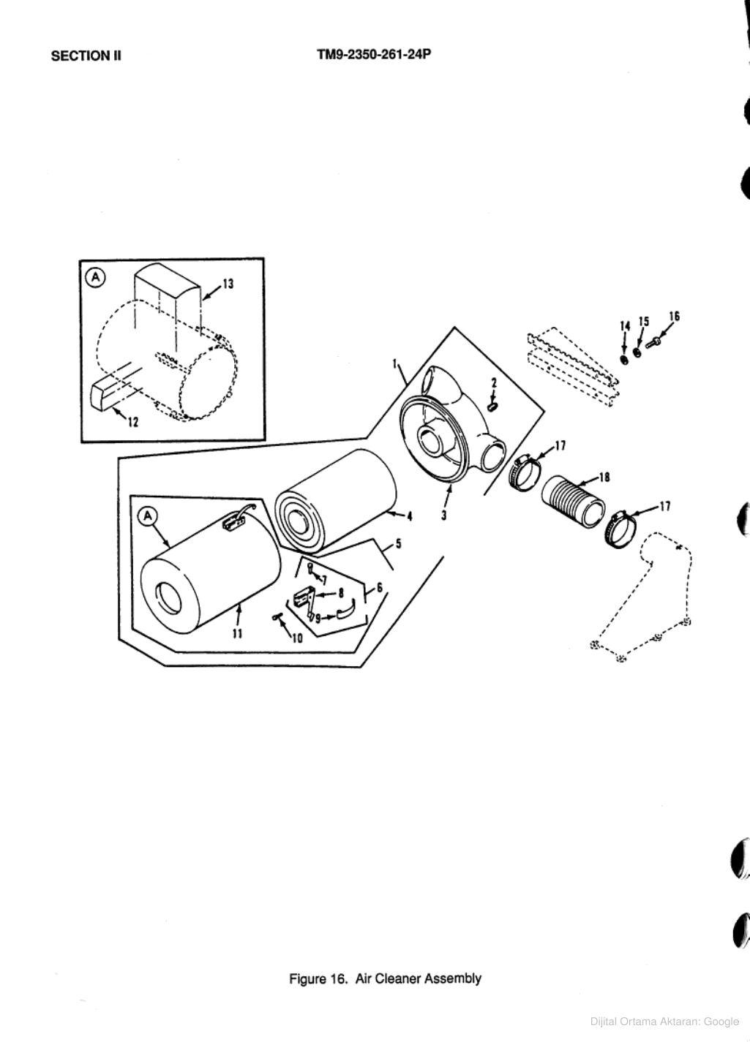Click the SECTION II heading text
[x=86, y=56]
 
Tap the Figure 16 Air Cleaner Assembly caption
[x=385, y=978]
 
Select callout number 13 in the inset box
[x=228, y=284]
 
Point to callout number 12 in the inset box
[x=133, y=423]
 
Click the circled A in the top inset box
[x=96, y=276]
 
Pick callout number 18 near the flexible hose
[x=604, y=477]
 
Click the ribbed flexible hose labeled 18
[x=572, y=502]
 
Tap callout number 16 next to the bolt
[x=674, y=316]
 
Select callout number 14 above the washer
[x=624, y=325]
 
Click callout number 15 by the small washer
[x=644, y=321]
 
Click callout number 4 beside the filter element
[x=410, y=516]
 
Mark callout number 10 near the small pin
[x=297, y=638]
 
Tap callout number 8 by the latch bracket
[x=340, y=592]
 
